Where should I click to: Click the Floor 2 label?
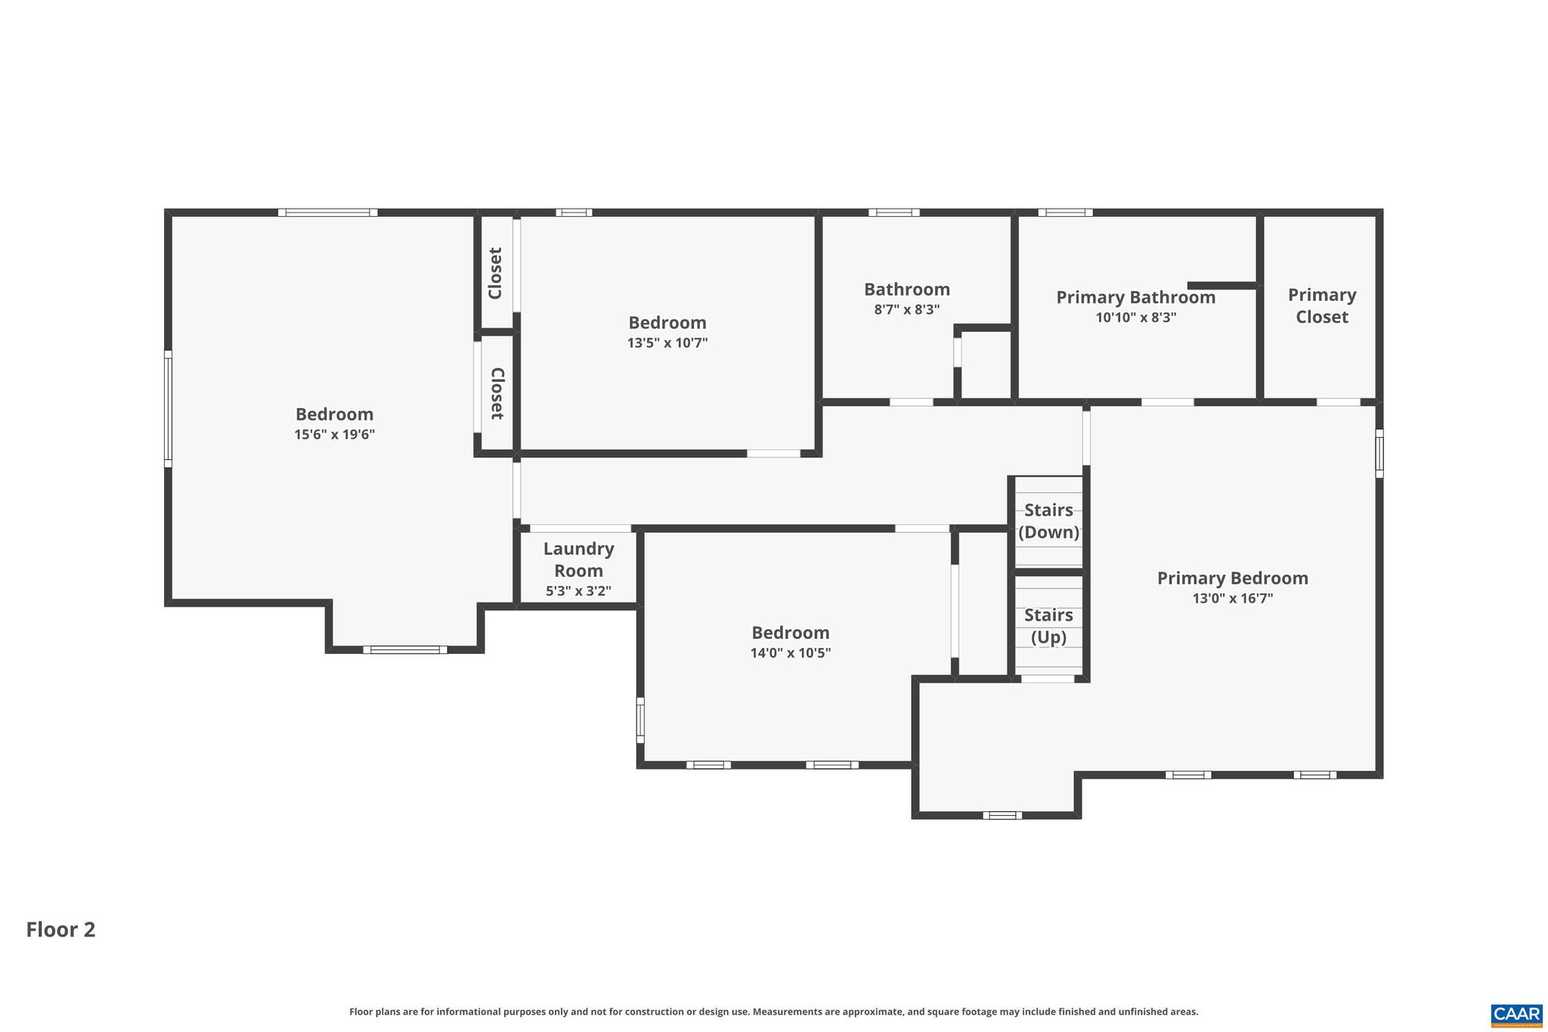pos(60,929)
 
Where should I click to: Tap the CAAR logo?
pos(1516,1015)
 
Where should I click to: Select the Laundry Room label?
pos(578,559)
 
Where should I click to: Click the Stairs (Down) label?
pos(1048,521)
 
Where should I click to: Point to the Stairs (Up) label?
pos(1048,626)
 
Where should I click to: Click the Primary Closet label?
pos(1321,305)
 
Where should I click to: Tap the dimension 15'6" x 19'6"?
pos(334,435)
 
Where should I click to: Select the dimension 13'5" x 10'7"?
pos(667,343)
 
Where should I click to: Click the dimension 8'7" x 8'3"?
pos(906,309)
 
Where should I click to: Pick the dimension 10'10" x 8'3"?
pos(1135,318)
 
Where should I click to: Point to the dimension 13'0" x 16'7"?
pos(1232,599)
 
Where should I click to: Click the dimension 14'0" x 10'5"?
pos(790,653)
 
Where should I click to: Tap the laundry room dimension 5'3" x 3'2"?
pos(578,591)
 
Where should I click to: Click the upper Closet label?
pos(496,273)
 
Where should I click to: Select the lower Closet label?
pos(497,393)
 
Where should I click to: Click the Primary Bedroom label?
pos(1232,578)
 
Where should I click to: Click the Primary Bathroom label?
pos(1135,297)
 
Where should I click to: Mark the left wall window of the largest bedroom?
pos(169,408)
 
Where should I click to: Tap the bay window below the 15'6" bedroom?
pos(404,649)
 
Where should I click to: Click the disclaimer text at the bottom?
pos(773,1012)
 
